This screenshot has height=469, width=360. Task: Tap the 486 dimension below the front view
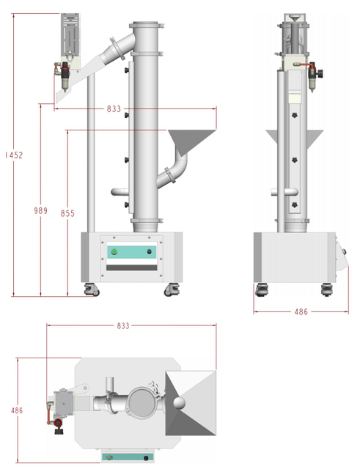(301, 312)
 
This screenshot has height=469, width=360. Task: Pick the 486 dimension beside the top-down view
(15, 410)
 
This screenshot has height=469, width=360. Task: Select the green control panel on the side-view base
(133, 252)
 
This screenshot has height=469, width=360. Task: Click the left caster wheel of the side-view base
(92, 290)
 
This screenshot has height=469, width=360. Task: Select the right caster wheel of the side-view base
(175, 290)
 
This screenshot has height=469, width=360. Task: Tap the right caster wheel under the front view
(326, 289)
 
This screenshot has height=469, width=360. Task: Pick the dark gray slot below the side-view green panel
(133, 270)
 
